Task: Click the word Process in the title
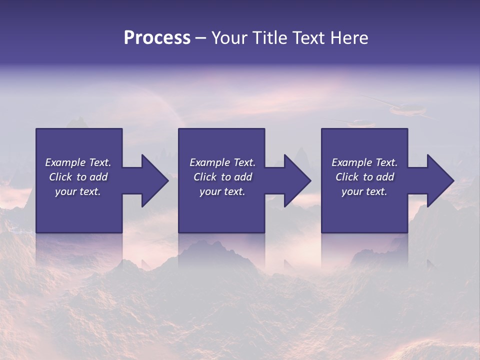(x=157, y=38)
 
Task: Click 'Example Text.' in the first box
(x=78, y=162)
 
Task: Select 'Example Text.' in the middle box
(x=222, y=162)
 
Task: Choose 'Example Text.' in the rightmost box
(x=364, y=162)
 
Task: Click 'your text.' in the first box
(x=78, y=191)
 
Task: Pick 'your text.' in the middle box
(x=222, y=191)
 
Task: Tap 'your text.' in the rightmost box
(x=364, y=191)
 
